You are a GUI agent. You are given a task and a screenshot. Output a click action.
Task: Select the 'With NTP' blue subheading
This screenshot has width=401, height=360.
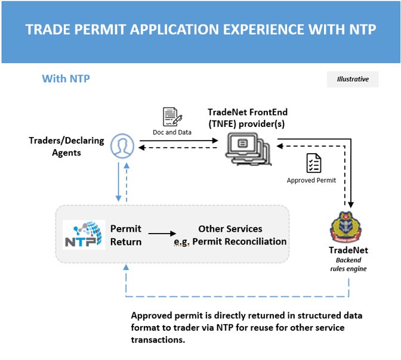click(66, 79)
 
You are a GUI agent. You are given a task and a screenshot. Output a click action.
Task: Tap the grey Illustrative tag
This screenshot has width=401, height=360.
click(352, 79)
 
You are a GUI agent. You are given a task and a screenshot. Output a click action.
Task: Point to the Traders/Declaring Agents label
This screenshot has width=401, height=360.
click(66, 147)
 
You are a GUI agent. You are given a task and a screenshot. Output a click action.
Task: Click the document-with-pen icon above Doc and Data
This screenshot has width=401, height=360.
click(172, 117)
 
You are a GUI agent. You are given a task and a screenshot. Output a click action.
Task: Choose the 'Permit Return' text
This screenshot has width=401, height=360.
click(126, 235)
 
